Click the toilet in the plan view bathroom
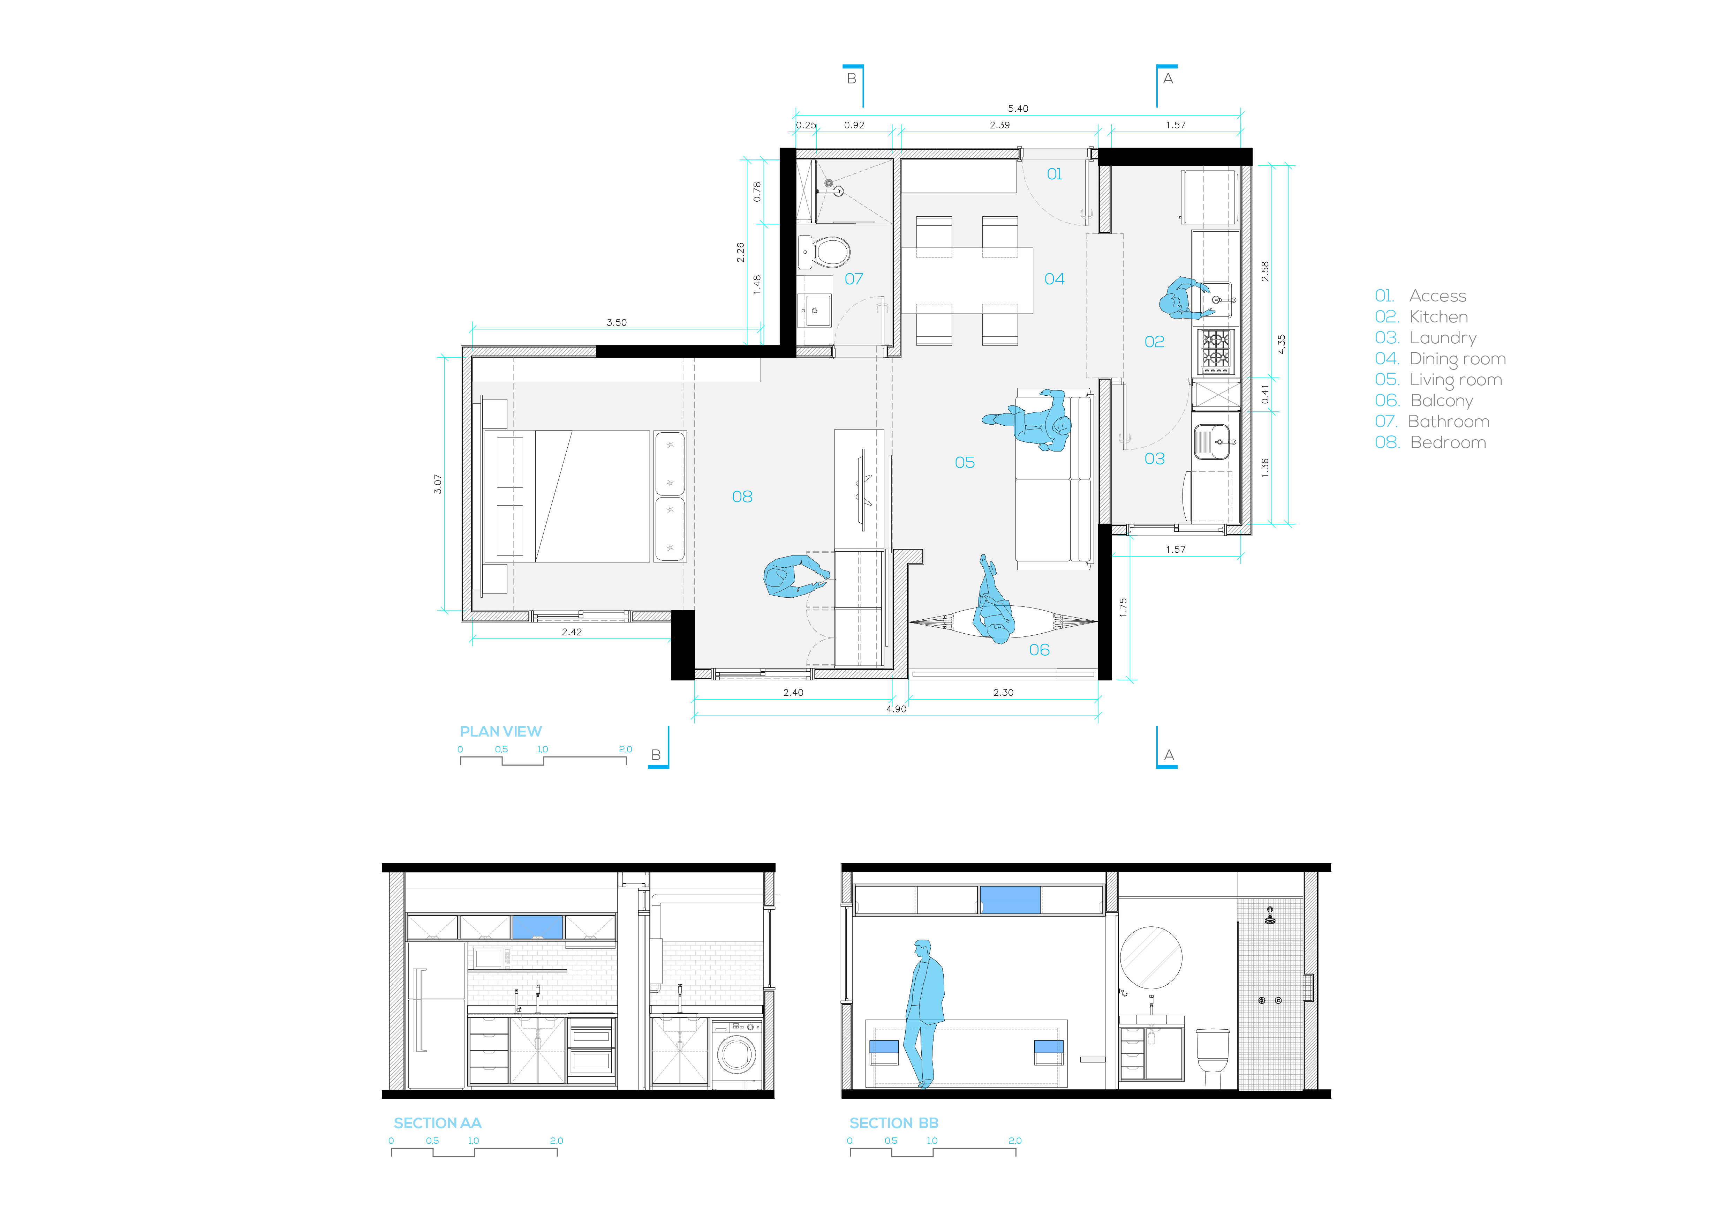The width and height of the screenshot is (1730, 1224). point(831,252)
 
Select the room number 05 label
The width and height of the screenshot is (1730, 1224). point(965,463)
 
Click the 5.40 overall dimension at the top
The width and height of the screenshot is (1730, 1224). point(1018,109)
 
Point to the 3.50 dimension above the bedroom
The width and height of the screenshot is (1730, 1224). point(616,323)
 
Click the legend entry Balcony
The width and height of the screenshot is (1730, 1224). point(1441,401)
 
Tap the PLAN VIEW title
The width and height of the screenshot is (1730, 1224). point(500,732)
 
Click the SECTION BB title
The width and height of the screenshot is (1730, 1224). point(894,1123)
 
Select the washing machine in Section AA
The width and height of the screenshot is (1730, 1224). point(736,1054)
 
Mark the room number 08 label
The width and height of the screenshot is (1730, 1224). point(742,497)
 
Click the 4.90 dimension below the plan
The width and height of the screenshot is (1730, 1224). point(896,709)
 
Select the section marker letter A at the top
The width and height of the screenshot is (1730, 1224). point(1168,79)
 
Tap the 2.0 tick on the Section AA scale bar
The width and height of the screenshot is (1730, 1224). point(557,1141)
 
